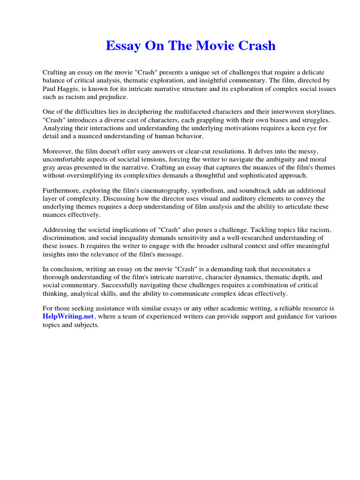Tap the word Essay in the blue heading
tap(122, 46)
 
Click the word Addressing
tap(60, 230)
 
